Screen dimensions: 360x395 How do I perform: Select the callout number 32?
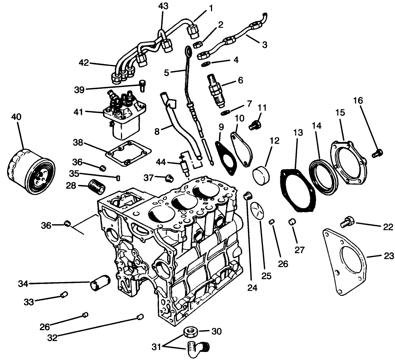[x=53, y=338]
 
